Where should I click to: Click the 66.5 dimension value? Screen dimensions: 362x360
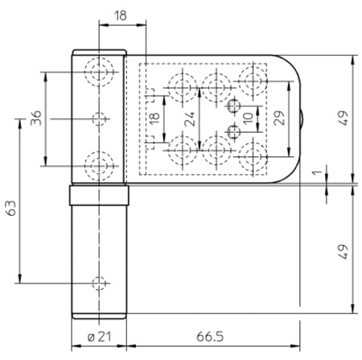(x=210, y=336)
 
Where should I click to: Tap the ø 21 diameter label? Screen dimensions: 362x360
(x=99, y=336)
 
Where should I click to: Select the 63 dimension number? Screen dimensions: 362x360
(x=11, y=208)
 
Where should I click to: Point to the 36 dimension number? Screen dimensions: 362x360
(x=36, y=118)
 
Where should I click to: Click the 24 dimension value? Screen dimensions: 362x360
(x=189, y=119)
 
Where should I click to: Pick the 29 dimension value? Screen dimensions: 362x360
(x=279, y=118)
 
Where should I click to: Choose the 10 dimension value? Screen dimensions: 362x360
(x=249, y=118)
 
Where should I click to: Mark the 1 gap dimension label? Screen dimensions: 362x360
(x=318, y=172)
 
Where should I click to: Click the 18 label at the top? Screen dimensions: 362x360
(x=120, y=15)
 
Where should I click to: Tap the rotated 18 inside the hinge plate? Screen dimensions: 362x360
(x=154, y=118)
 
